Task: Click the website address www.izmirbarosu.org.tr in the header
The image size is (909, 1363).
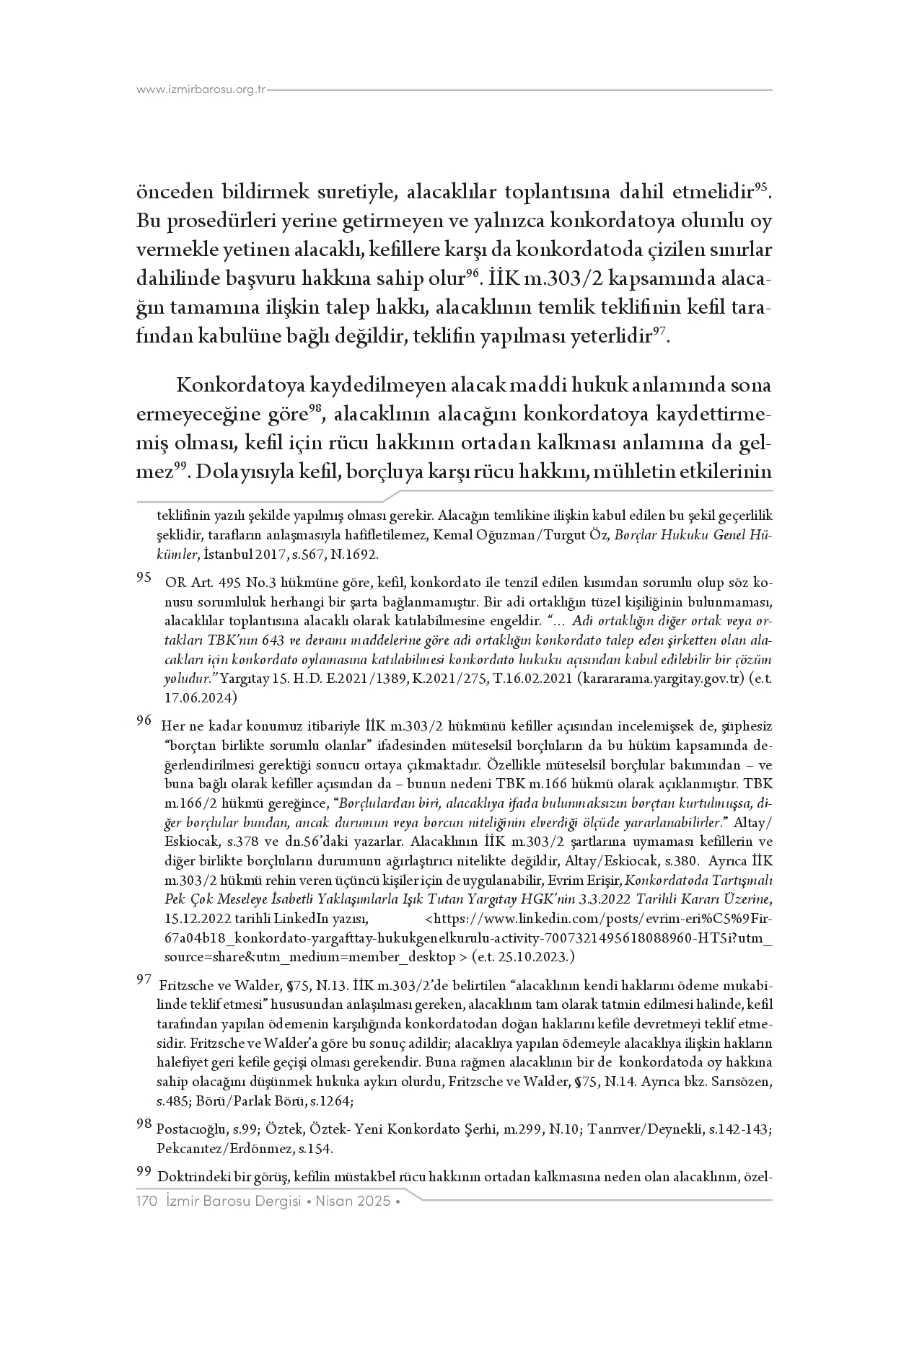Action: pos(201,89)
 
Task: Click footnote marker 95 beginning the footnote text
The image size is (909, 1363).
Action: pos(144,578)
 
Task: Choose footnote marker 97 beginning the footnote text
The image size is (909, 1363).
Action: pos(144,979)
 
